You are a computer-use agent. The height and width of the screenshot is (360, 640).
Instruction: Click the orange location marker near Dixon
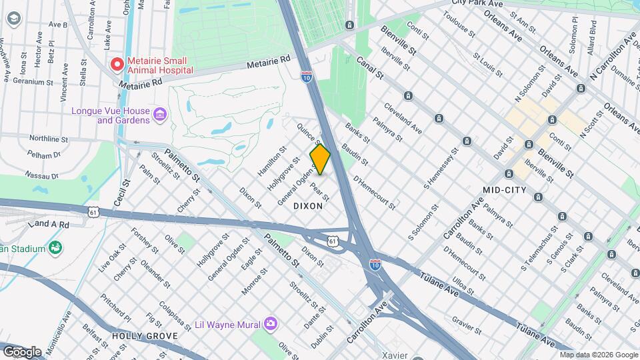coord(320,159)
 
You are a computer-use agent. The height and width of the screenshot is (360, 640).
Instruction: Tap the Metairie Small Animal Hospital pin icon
coord(117,64)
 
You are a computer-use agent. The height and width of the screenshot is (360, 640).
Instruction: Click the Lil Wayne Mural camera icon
coord(271,324)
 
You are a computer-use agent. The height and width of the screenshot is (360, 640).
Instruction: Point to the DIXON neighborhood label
coord(308,207)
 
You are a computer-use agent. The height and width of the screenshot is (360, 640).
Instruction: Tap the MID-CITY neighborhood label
coord(504,190)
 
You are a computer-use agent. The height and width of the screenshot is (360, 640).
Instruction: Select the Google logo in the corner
coord(22,351)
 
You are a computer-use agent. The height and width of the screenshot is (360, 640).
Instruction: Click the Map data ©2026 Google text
coord(598,355)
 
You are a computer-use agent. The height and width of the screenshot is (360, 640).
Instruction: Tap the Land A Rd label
coord(49,225)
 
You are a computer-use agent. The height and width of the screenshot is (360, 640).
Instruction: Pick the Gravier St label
coord(466,323)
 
